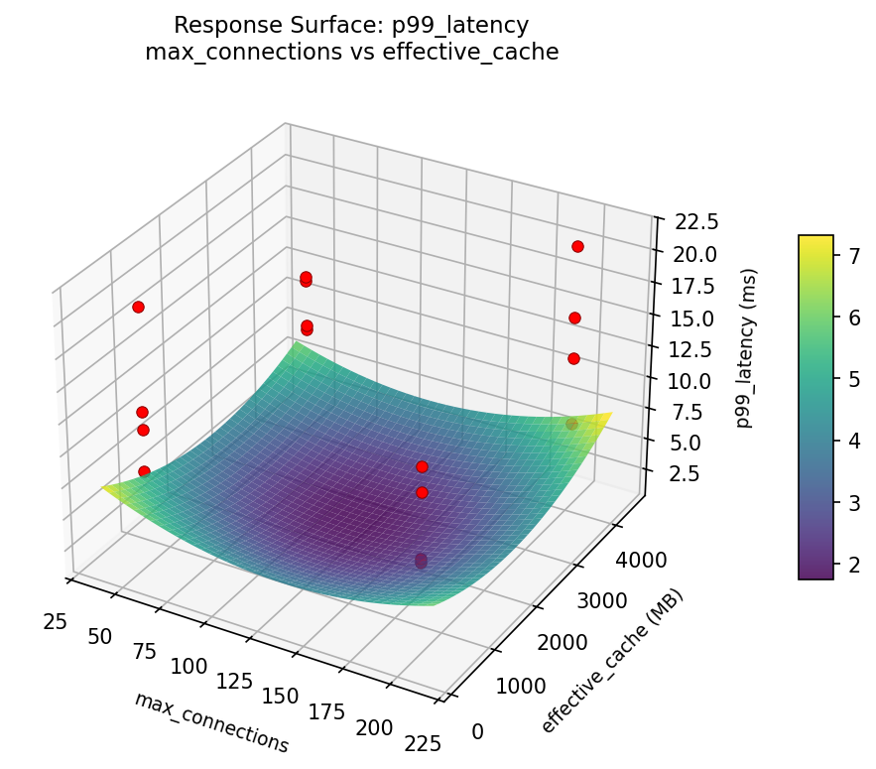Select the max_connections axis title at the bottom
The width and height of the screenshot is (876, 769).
211,722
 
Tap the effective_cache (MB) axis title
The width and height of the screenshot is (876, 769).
612,662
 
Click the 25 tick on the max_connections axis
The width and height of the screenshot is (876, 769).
55,621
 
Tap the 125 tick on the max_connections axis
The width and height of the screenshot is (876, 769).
234,681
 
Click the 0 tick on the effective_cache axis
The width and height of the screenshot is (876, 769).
477,731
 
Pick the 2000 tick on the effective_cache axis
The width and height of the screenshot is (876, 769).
561,644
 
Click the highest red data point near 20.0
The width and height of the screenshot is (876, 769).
577,246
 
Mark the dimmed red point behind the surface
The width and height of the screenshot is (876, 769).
571,424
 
